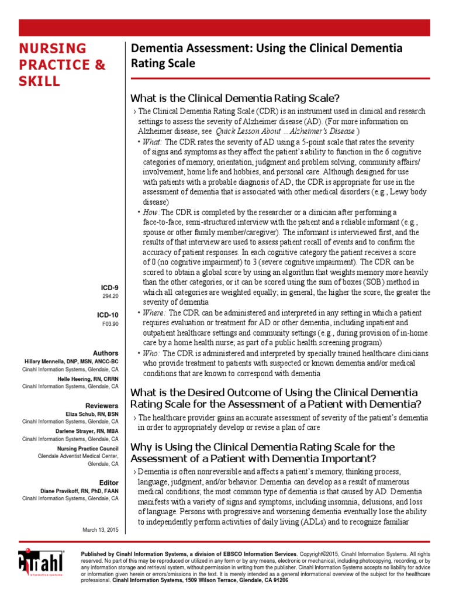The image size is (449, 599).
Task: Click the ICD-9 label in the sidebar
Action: (109, 287)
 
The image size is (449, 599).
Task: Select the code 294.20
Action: (111, 296)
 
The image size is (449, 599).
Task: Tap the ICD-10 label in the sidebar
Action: (108, 315)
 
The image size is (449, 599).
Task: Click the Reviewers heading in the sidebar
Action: (102, 405)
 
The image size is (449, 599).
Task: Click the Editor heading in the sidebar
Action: (109, 483)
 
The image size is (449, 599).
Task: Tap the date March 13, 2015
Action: (101, 529)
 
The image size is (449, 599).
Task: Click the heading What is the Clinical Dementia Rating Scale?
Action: (235, 98)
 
